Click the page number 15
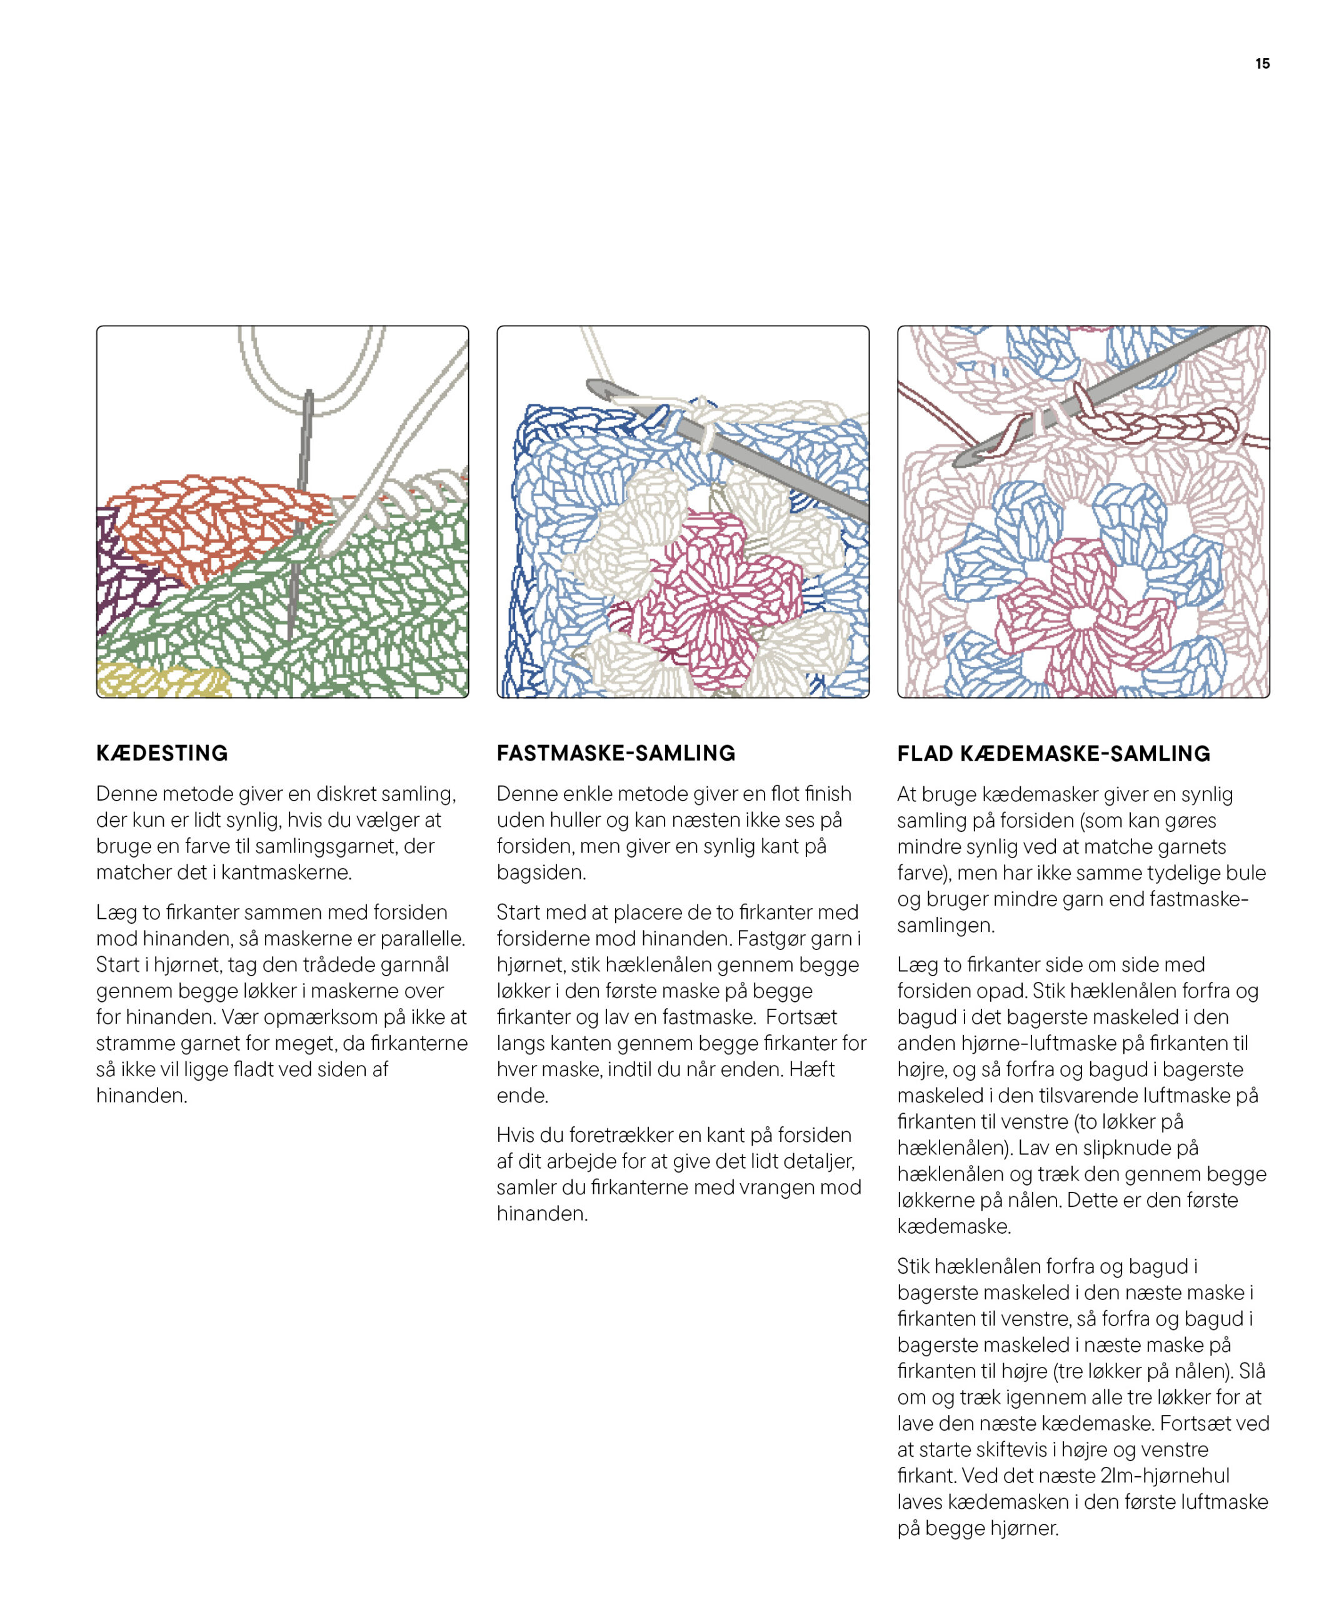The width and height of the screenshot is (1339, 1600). pos(1262,64)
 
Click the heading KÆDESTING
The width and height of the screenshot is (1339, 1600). pos(161,752)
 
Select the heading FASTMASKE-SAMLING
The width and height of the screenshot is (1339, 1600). pos(616,752)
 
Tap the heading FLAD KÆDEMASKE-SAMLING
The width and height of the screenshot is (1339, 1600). pos(1053,754)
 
